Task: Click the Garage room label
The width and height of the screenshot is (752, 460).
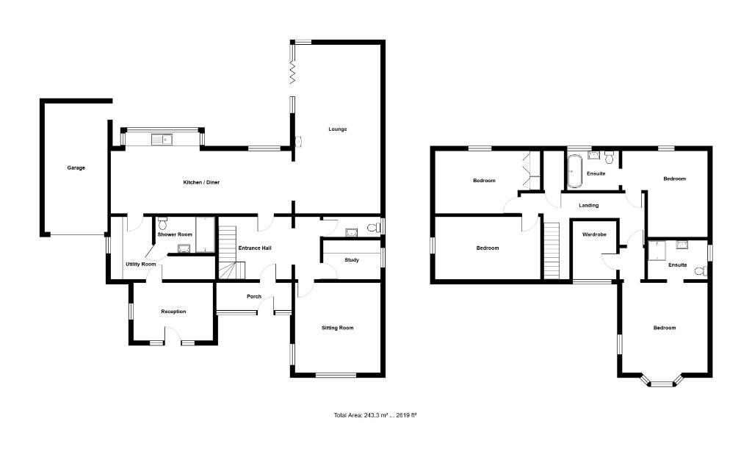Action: [76, 168]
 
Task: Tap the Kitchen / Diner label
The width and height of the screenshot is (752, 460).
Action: [202, 182]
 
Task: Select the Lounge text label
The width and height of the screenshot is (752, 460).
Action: [338, 129]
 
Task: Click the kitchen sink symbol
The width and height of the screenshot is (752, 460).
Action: [161, 138]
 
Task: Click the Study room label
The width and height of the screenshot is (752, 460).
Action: [352, 259]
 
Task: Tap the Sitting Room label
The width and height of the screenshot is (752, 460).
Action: [338, 328]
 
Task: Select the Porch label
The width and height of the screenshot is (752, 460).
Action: [254, 296]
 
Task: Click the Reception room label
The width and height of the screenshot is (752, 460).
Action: [173, 312]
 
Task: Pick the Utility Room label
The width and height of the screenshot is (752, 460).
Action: [140, 264]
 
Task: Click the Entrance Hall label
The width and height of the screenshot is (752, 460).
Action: [255, 248]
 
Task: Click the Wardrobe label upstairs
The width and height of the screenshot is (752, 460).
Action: [593, 235]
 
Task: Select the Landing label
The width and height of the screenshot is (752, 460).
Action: [588, 206]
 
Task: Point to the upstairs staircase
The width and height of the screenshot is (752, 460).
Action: [551, 251]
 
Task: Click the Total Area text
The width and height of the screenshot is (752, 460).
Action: [375, 416]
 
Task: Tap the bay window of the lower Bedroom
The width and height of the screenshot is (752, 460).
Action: [659, 381]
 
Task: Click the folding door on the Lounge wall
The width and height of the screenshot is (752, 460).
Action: [292, 71]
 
